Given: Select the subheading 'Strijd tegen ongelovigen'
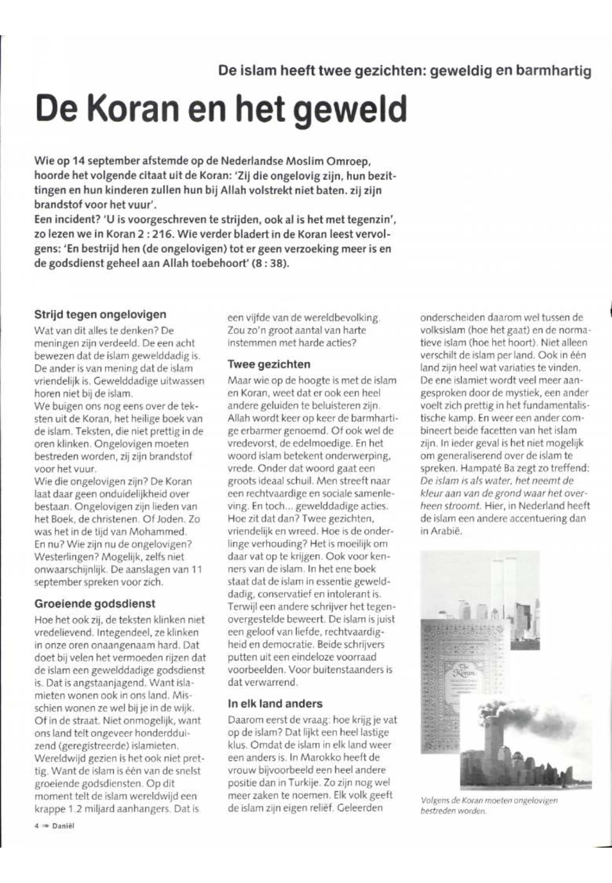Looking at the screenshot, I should tap(101, 314).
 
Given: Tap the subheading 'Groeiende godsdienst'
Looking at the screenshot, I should tap(95, 603).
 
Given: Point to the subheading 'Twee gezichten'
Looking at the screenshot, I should tap(269, 364).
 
